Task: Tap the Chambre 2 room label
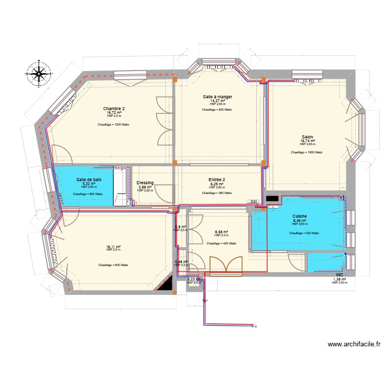click(114, 109)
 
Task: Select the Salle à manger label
click(217, 97)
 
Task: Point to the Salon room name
click(307, 137)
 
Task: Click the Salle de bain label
click(89, 179)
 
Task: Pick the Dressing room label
click(145, 183)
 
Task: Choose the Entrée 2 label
click(217, 180)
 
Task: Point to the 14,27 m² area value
click(217, 101)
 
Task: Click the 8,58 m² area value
click(221, 232)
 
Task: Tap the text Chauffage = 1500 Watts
click(307, 152)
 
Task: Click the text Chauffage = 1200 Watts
click(113, 125)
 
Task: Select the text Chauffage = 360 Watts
click(217, 193)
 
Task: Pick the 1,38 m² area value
click(339, 279)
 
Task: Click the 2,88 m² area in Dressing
click(145, 187)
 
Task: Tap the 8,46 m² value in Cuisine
click(300, 220)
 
